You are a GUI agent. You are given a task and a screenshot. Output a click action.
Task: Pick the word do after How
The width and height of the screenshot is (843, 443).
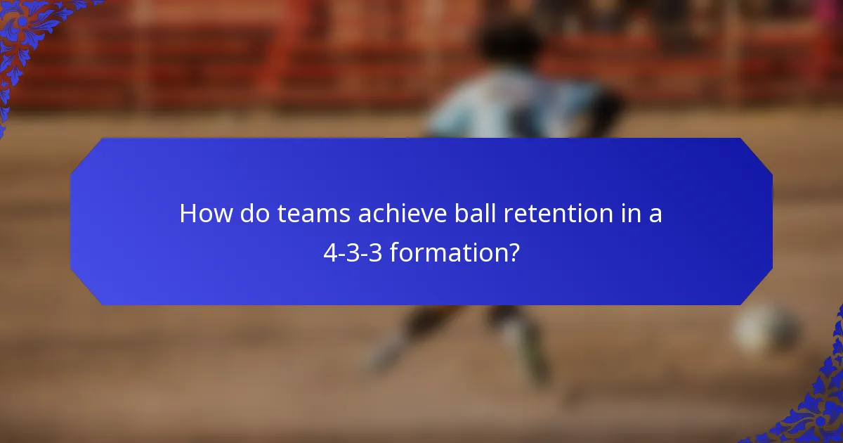(x=256, y=214)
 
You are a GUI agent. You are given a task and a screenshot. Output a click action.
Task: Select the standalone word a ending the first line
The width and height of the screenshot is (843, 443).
(x=655, y=214)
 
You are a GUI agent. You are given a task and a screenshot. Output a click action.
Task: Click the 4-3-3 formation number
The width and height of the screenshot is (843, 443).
(x=353, y=252)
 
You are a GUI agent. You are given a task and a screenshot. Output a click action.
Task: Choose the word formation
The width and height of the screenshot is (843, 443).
(x=446, y=252)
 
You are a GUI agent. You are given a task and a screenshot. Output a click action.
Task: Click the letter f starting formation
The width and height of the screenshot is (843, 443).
(x=393, y=251)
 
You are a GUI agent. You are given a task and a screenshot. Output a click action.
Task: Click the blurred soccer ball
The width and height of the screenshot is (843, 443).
(x=766, y=328)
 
